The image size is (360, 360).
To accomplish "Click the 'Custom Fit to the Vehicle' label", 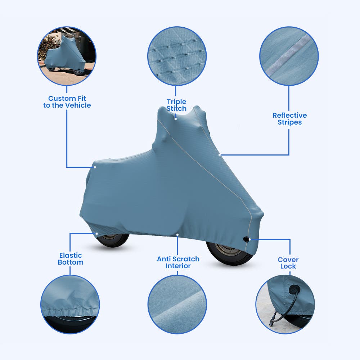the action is coord(67,102).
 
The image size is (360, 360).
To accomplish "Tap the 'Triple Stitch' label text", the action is coord(176,105).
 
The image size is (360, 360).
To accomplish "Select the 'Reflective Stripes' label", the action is coord(289,119).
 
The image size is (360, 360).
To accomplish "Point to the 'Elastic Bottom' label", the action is coord(71,259).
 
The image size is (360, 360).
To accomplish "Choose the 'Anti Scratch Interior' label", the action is coord(178,262).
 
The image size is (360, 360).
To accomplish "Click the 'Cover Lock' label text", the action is coord(288,263).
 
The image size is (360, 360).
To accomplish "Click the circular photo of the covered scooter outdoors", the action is coord(67,56).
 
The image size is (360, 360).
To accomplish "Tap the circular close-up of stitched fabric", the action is coord(177,56).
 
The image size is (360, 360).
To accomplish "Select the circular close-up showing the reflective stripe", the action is coord(289,56).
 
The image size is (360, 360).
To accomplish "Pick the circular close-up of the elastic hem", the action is coord(70,305).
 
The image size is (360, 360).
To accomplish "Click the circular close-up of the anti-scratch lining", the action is coord(177,305).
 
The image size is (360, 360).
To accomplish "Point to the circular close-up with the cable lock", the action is coord(285,305).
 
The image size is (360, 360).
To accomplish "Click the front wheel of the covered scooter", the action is coord(230,253).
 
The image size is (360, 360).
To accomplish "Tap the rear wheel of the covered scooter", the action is coord(112,240).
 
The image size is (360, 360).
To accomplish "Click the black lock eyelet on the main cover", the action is coord(246,239).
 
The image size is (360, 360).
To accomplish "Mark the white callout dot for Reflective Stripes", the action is coord(220,155).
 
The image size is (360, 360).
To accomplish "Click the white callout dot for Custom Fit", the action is coord(95,167).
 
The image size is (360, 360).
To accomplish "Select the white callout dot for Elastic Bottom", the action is coord(96,234).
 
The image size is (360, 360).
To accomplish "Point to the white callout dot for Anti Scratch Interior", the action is coord(177,235).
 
